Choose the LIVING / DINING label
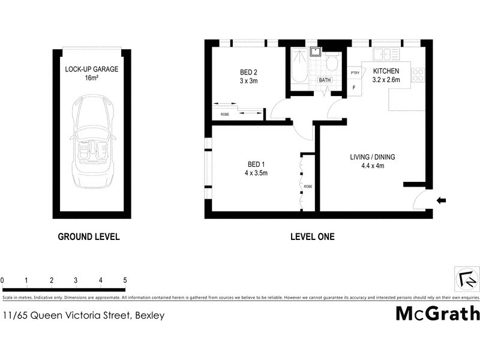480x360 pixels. pyautogui.click(x=373, y=158)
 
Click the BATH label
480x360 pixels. pyautogui.click(x=325, y=80)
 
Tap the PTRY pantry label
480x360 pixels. pyautogui.click(x=355, y=73)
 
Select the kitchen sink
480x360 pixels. pyautogui.click(x=383, y=55)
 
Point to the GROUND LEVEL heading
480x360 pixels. pyautogui.click(x=89, y=237)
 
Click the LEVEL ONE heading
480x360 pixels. pyautogui.click(x=312, y=237)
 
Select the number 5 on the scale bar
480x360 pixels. pyautogui.click(x=125, y=280)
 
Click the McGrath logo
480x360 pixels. pyautogui.click(x=437, y=314)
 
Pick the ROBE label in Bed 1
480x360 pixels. pyautogui.click(x=308, y=187)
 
